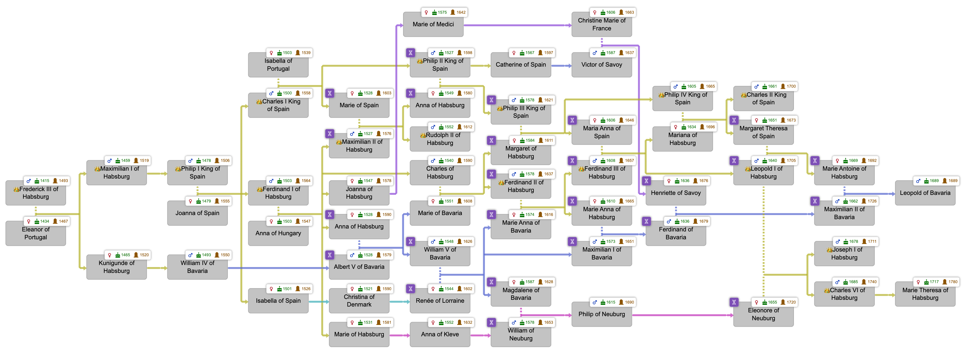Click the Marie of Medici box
(433, 25)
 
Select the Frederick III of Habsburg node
(36, 193)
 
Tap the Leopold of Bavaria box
(925, 193)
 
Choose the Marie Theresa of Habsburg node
(925, 294)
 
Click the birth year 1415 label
(45, 181)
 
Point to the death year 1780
(953, 282)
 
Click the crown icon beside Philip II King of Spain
(419, 61)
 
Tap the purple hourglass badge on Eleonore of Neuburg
(733, 302)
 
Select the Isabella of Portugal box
(278, 65)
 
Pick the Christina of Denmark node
(359, 301)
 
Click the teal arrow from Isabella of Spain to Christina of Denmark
(319, 302)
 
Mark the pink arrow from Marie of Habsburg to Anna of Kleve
(400, 335)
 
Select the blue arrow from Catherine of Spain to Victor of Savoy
(561, 66)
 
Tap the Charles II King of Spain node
(763, 98)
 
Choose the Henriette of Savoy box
(676, 193)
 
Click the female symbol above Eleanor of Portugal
(29, 221)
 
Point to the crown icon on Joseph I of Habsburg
(829, 250)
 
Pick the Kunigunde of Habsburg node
(117, 267)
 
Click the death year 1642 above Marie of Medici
(461, 12)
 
